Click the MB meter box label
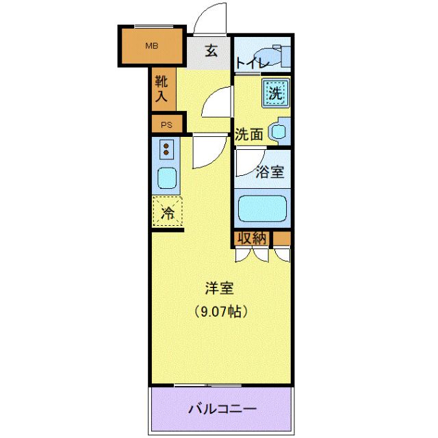[151, 46]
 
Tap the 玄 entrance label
[211, 51]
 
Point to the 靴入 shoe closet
[162, 90]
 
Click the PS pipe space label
[167, 125]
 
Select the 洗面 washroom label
[248, 134]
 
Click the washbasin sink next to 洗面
[279, 131]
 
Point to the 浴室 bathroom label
[270, 172]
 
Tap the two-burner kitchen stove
[167, 148]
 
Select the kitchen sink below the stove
[167, 177]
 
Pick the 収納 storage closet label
[251, 238]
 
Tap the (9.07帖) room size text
[219, 312]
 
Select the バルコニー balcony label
[222, 410]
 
